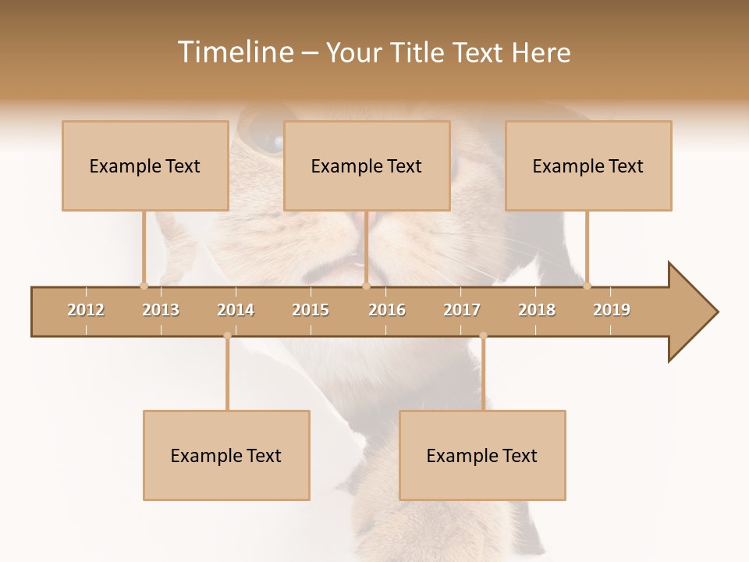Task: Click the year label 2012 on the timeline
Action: click(86, 310)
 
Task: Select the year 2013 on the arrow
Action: click(161, 310)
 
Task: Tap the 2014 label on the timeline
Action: click(236, 310)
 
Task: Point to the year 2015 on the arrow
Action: click(311, 310)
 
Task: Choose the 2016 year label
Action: click(387, 310)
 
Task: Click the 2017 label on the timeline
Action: click(462, 310)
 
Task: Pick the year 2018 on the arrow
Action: click(537, 310)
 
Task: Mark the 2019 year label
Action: click(612, 310)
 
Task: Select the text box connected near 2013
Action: click(145, 165)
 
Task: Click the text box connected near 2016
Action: click(367, 165)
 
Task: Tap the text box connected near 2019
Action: click(588, 165)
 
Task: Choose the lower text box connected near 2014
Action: click(226, 455)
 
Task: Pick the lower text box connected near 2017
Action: click(482, 455)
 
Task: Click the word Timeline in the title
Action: click(234, 52)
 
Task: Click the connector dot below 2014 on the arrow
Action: click(227, 336)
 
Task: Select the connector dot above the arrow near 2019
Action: click(587, 286)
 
